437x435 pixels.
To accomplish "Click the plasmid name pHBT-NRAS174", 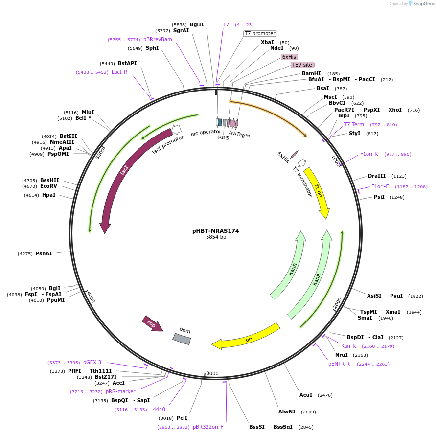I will [216, 231].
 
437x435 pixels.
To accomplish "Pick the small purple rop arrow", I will [152, 323].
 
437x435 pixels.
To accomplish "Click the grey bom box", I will [182, 338].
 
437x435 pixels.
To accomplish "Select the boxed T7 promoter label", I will [260, 33].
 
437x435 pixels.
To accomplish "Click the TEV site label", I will [302, 65].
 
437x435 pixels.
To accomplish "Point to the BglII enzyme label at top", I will [197, 24].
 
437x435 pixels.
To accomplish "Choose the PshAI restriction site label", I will [44, 253].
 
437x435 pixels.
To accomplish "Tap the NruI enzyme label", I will [342, 355].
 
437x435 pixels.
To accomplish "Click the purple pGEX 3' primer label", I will [92, 362].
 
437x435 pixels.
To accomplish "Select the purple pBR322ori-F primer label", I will [208, 427].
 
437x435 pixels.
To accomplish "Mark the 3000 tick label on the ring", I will [212, 373].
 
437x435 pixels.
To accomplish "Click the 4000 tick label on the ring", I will [91, 297].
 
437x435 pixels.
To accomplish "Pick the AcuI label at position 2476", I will [306, 395].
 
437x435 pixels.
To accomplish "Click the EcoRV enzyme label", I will [49, 186].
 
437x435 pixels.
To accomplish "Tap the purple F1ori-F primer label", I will [380, 186].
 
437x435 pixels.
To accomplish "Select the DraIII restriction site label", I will [377, 176].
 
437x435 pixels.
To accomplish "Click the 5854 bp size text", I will [216, 237].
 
